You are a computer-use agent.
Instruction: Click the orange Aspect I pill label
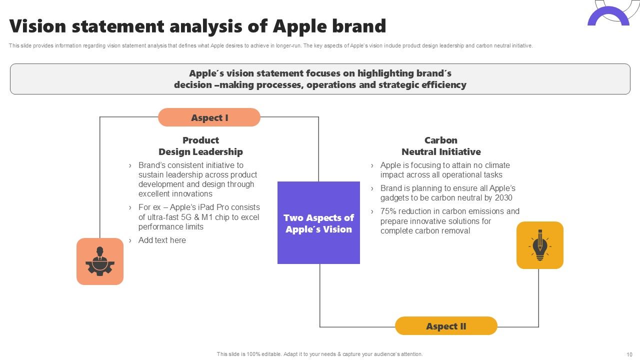click(x=209, y=117)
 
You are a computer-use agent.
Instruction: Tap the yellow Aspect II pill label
click(x=446, y=326)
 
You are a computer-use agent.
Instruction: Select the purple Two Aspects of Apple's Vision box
click(x=318, y=223)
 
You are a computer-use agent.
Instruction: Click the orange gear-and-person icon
click(x=100, y=261)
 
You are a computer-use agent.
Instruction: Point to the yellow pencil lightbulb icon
click(x=539, y=245)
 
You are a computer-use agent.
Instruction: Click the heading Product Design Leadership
click(x=200, y=146)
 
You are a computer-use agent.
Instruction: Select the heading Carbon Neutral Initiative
click(x=441, y=146)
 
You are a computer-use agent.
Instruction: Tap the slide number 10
click(x=629, y=354)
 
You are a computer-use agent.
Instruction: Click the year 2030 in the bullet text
click(x=503, y=197)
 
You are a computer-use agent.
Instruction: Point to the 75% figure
click(x=389, y=211)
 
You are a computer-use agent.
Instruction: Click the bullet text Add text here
click(x=162, y=240)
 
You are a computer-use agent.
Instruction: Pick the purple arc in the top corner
click(x=608, y=17)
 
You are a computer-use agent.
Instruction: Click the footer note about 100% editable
click(x=319, y=354)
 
